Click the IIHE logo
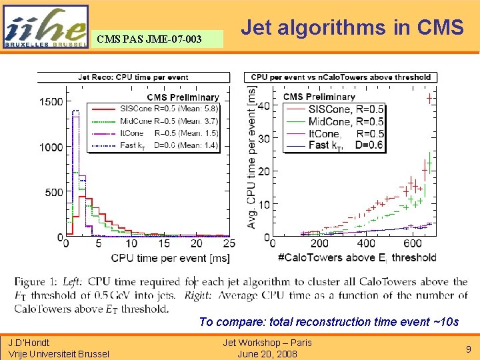45,27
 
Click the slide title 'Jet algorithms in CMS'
352,28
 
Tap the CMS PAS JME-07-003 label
149,39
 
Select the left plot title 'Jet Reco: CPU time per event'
133,77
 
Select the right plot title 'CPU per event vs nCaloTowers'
341,77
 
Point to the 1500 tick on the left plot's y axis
51,102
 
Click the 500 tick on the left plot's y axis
54,193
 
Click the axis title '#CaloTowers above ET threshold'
356,258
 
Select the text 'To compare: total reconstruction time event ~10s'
329,322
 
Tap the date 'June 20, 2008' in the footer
267,354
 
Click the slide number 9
468,348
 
